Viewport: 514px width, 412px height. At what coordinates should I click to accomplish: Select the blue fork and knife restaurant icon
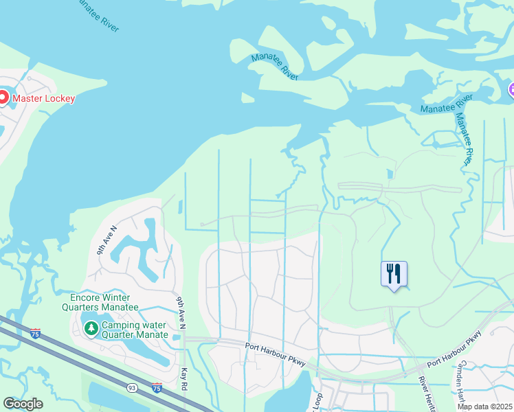394,274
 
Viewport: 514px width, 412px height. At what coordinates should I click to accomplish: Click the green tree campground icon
91,330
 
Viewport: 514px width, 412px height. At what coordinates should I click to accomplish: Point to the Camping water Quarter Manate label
135,330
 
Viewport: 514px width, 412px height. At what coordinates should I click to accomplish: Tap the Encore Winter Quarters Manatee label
104,302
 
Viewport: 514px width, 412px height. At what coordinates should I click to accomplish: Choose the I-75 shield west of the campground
35,334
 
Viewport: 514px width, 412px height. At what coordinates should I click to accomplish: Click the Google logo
23,404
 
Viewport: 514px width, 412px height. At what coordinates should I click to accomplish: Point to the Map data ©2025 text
484,407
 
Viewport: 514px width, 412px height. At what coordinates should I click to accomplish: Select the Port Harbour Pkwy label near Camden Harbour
454,350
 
